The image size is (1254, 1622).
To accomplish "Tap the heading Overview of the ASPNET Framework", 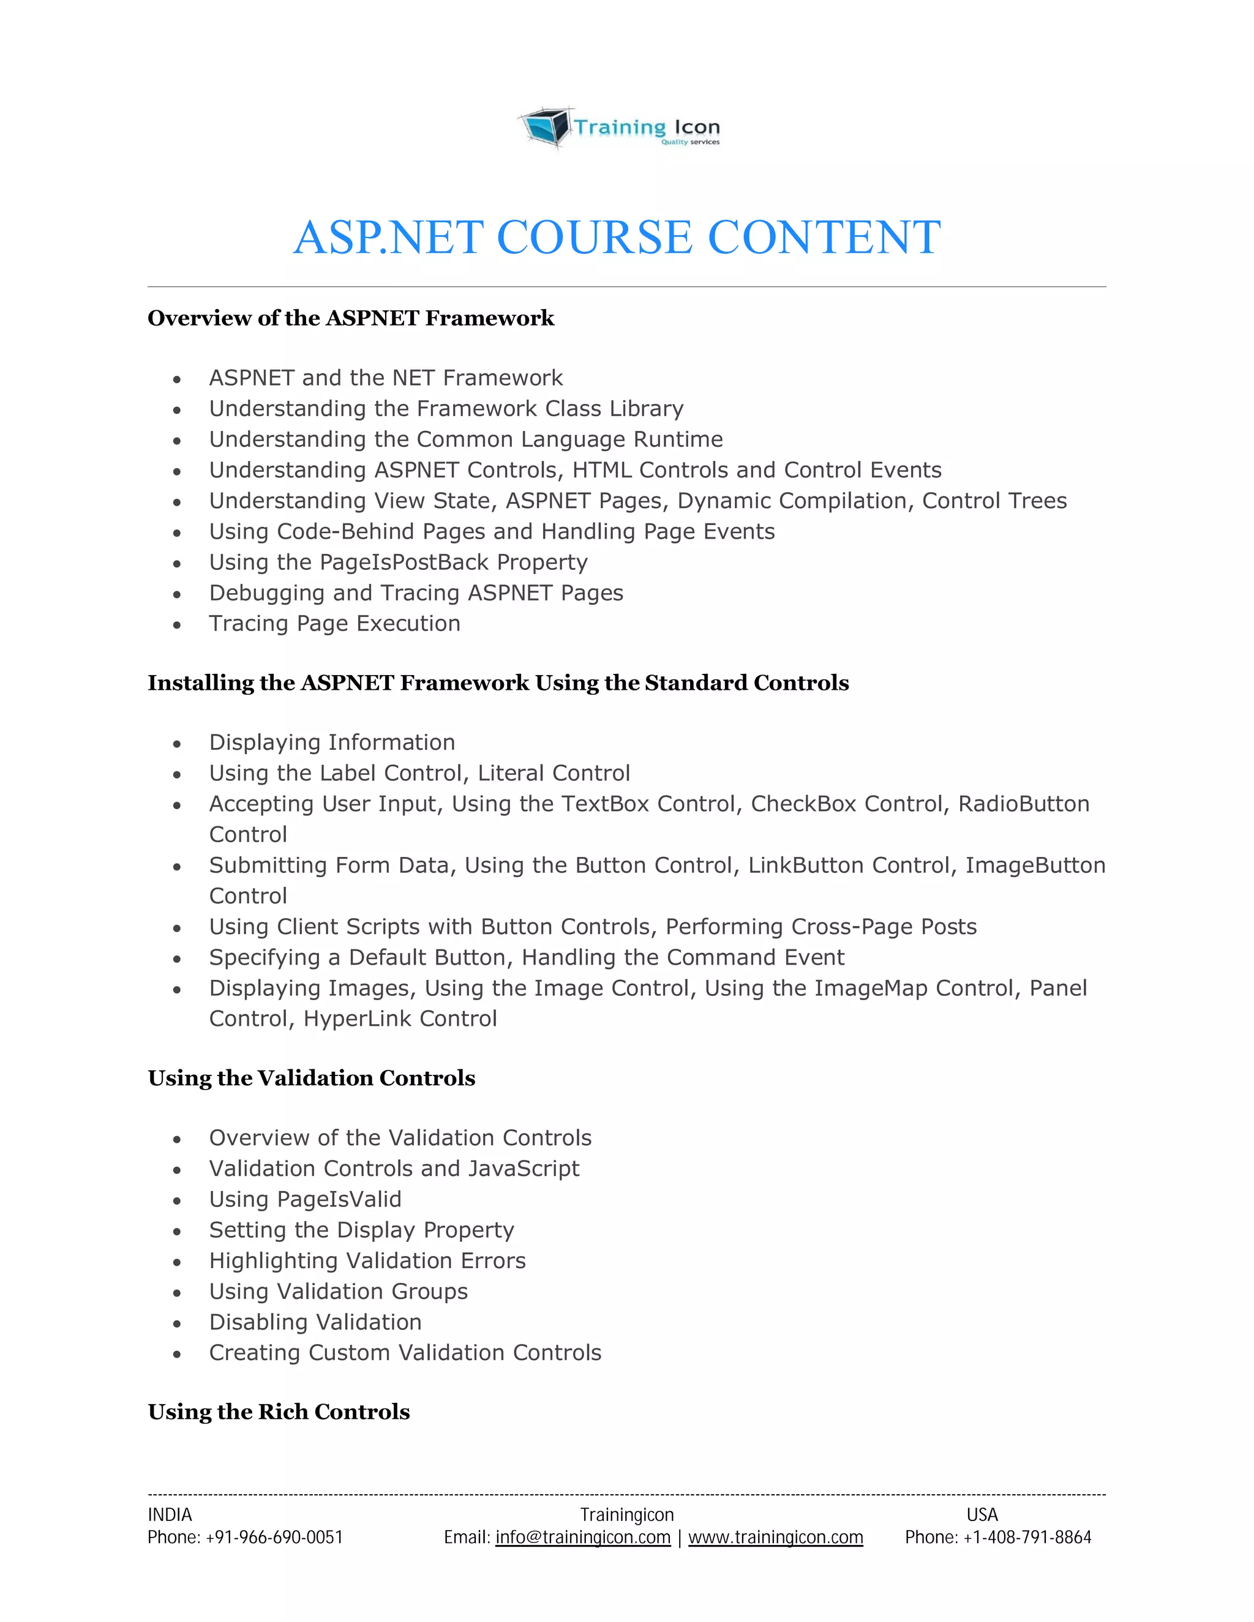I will (351, 318).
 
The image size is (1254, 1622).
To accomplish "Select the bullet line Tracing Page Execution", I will (334, 623).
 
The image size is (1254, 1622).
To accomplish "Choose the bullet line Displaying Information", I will (331, 742).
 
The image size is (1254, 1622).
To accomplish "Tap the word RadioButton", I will (1023, 804).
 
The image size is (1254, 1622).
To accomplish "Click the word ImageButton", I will (1035, 865).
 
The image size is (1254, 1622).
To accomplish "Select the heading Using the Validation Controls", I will (311, 1078).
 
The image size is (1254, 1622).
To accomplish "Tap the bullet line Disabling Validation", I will (315, 1322).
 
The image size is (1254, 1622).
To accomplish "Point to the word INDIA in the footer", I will (170, 1514).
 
